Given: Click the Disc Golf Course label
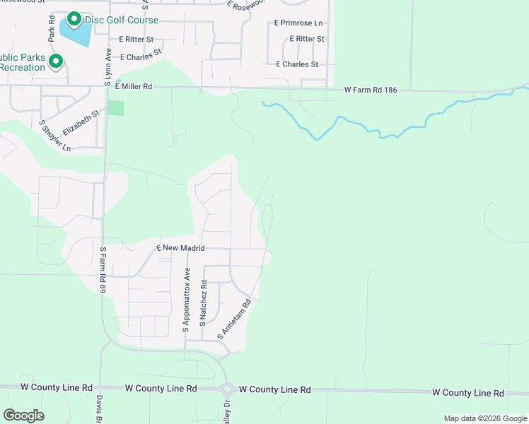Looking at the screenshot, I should click(122, 20).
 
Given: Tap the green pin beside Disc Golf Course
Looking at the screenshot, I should click(74, 18).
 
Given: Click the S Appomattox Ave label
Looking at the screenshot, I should click(187, 300).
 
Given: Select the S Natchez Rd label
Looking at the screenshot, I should click(204, 302).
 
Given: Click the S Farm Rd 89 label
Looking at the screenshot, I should click(103, 269).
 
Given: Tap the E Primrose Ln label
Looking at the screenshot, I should click(298, 23).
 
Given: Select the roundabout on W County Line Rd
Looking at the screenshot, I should click(228, 389).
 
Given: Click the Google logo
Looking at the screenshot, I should click(23, 416).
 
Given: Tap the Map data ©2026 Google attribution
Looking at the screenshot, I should click(484, 418).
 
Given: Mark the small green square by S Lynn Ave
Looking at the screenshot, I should click(115, 108).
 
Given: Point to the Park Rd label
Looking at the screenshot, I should click(52, 28).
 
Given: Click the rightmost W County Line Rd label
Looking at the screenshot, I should click(467, 393).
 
